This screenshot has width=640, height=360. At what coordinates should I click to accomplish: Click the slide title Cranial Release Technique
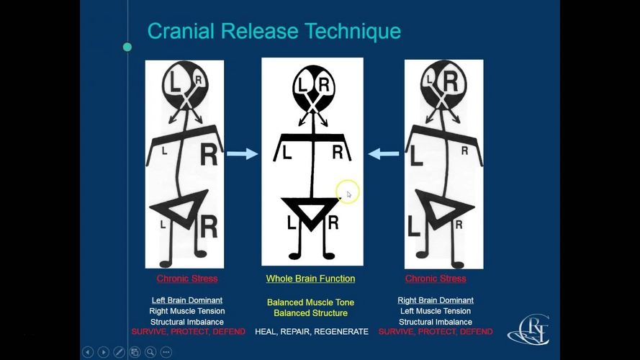(274, 32)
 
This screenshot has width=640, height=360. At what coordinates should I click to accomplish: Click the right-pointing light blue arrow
(243, 153)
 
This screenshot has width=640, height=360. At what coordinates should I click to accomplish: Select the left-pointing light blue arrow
(384, 153)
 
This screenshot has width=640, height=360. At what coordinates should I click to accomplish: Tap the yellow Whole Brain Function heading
(310, 279)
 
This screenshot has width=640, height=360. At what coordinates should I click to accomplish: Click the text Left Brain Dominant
(187, 300)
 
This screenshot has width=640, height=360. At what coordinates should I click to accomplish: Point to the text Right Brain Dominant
(436, 300)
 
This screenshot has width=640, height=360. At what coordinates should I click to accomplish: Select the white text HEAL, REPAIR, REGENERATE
(312, 331)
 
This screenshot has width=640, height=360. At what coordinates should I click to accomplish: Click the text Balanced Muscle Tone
(310, 302)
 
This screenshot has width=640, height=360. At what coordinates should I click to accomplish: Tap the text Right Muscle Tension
(187, 311)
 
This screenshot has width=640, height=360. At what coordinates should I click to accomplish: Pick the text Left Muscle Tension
(436, 311)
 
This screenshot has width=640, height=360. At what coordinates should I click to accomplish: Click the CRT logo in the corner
(529, 330)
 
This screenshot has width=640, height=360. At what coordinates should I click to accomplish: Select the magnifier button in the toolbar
(150, 352)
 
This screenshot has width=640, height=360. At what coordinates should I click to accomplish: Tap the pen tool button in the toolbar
(120, 352)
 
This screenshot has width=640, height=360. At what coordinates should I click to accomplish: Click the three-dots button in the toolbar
(166, 352)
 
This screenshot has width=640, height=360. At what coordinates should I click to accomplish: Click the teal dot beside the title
(127, 47)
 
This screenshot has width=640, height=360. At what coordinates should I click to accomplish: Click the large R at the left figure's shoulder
(209, 154)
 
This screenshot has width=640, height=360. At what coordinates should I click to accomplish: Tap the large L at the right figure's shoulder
(416, 156)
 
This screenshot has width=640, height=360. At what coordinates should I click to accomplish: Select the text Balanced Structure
(310, 313)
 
